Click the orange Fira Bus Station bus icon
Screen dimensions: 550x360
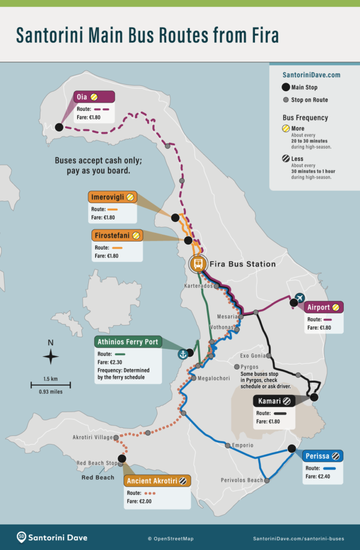click(198, 263)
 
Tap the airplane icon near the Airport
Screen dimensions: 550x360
click(299, 297)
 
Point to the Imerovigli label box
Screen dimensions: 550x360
click(113, 197)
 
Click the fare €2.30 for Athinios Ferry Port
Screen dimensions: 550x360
click(110, 362)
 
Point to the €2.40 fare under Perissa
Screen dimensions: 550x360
click(316, 477)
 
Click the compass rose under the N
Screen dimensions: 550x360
click(51, 357)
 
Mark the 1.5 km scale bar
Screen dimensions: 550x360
click(51, 384)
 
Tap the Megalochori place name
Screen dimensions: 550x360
click(215, 378)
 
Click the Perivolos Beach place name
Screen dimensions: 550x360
click(242, 480)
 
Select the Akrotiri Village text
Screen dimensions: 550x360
click(93, 438)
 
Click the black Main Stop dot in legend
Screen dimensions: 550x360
click(286, 88)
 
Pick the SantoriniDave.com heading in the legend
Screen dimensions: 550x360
click(312, 75)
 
